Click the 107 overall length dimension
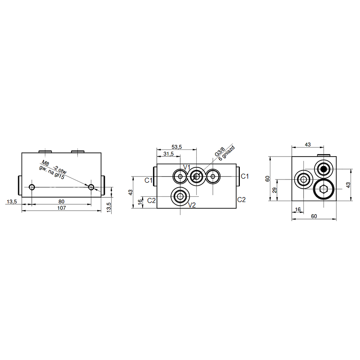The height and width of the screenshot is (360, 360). click(62, 208)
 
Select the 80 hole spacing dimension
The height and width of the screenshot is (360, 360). click(61, 202)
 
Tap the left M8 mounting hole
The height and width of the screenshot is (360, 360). click(32, 187)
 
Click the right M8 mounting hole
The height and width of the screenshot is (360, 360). click(91, 187)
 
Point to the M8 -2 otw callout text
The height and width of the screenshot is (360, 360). click(54, 167)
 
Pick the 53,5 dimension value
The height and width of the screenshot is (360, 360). click(176, 147)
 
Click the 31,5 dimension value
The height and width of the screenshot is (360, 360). click(168, 154)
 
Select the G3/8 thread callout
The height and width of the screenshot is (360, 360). click(220, 152)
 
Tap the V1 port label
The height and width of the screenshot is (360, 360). click(187, 167)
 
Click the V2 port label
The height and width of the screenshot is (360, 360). click(192, 205)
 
